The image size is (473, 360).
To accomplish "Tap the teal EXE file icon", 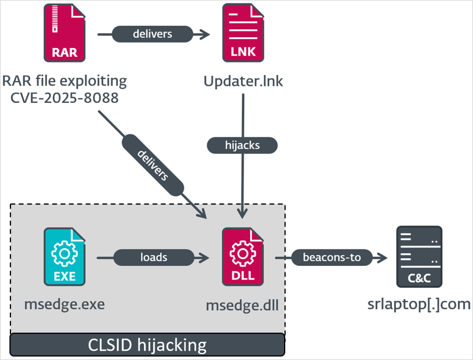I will click(65, 257).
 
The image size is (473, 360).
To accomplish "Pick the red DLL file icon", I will click(243, 257).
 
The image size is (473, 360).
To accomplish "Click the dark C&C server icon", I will click(419, 257).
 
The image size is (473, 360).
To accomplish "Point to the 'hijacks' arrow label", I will click(242, 145).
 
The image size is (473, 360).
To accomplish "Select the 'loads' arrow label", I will click(153, 257).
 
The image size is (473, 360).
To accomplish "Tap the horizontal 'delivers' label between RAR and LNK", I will click(152, 34).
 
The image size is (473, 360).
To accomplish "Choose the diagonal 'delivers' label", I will click(153, 165).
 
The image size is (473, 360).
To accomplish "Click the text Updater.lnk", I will click(243, 82).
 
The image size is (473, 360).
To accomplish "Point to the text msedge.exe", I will click(64, 304).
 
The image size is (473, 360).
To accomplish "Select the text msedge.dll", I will click(242, 305).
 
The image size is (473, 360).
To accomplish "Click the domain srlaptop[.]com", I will click(418, 304).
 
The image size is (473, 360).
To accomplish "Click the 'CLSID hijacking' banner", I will click(147, 345).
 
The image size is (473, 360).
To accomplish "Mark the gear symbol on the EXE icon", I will click(65, 252).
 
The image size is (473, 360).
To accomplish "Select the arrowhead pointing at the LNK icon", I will click(205, 34).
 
